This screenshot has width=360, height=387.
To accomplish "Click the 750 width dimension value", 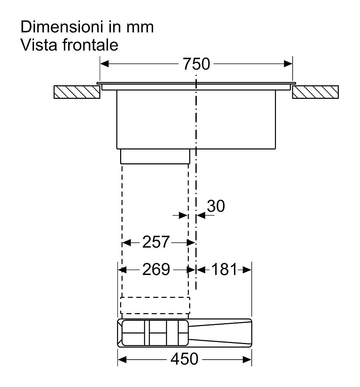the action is point(196,64).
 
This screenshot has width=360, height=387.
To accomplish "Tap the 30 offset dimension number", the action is point(216,206).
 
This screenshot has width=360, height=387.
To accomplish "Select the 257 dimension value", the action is point(156,242).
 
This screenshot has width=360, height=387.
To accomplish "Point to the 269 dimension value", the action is point(156,269).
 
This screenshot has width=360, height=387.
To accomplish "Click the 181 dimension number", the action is point(224,269).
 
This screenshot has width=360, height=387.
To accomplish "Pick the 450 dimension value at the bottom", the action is point(184,359).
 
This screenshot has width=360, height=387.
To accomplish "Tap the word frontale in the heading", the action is point(90,45).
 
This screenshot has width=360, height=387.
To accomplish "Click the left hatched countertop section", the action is point(77,92).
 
